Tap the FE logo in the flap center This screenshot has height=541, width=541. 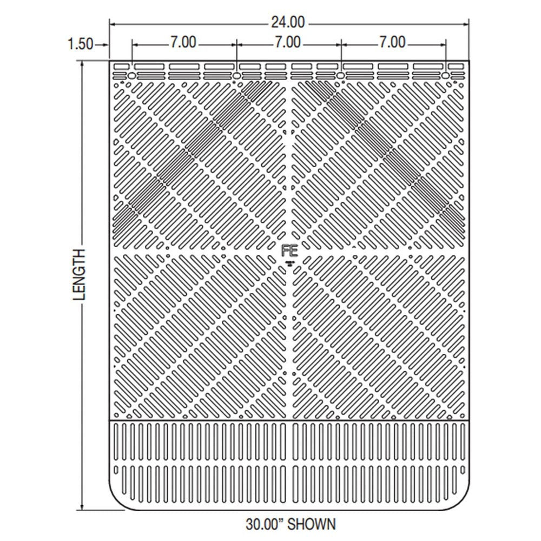tap(290, 250)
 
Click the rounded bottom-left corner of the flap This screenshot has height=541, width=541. tap(116, 500)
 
